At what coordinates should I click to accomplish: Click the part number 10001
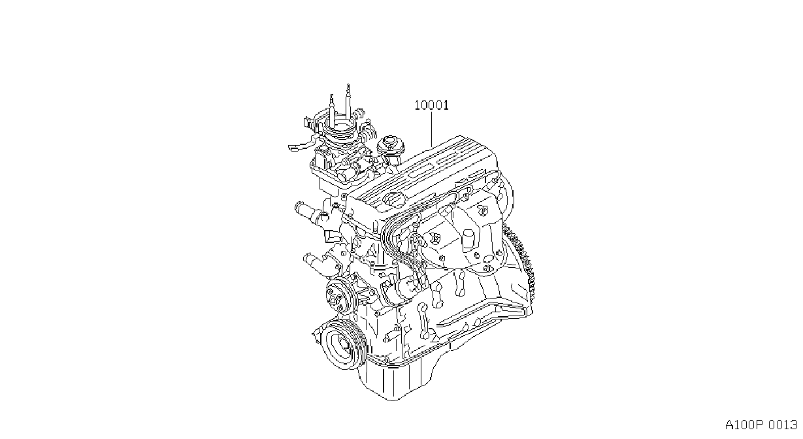[432, 105]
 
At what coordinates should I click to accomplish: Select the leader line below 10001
[432, 129]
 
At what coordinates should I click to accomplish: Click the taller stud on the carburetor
[348, 102]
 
